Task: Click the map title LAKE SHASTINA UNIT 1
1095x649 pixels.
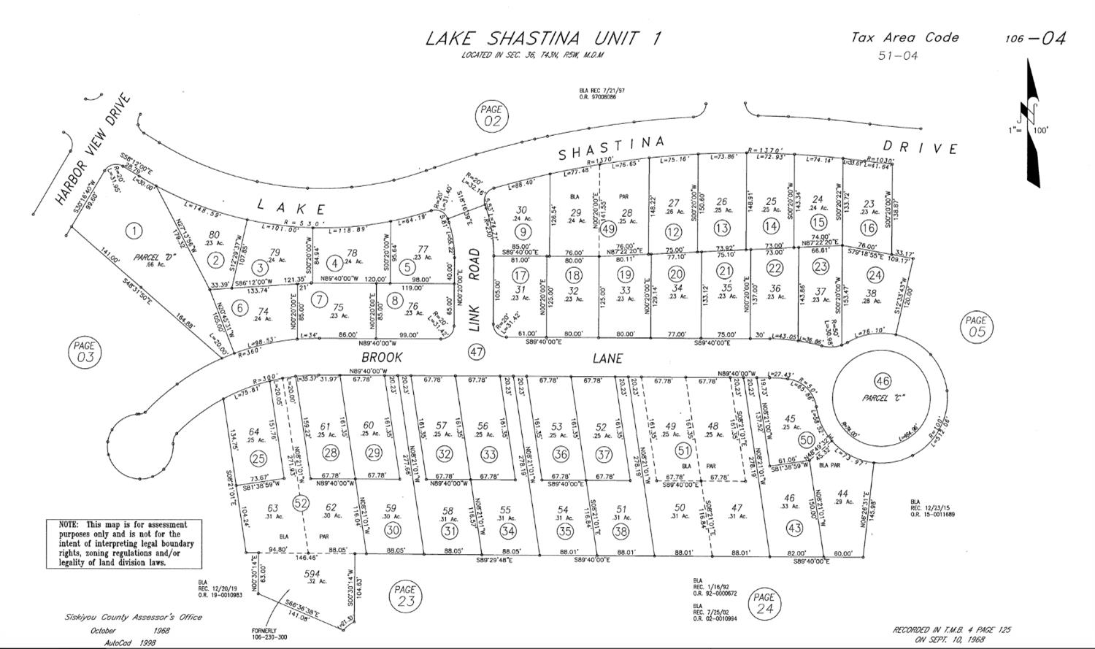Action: [x=543, y=38]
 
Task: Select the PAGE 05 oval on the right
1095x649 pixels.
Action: [x=975, y=326]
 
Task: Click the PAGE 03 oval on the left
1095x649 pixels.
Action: [x=85, y=352]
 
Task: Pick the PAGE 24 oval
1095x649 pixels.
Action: [x=764, y=603]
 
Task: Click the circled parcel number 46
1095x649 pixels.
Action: [x=883, y=380]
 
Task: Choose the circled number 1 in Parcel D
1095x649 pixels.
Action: [x=134, y=231]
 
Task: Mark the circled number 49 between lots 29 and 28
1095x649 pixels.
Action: [x=610, y=229]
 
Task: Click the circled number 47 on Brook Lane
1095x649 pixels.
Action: [x=477, y=352]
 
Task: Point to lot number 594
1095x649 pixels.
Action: [x=312, y=575]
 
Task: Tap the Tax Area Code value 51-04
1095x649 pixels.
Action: [x=898, y=55]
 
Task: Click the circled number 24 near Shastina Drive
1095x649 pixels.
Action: [x=875, y=274]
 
